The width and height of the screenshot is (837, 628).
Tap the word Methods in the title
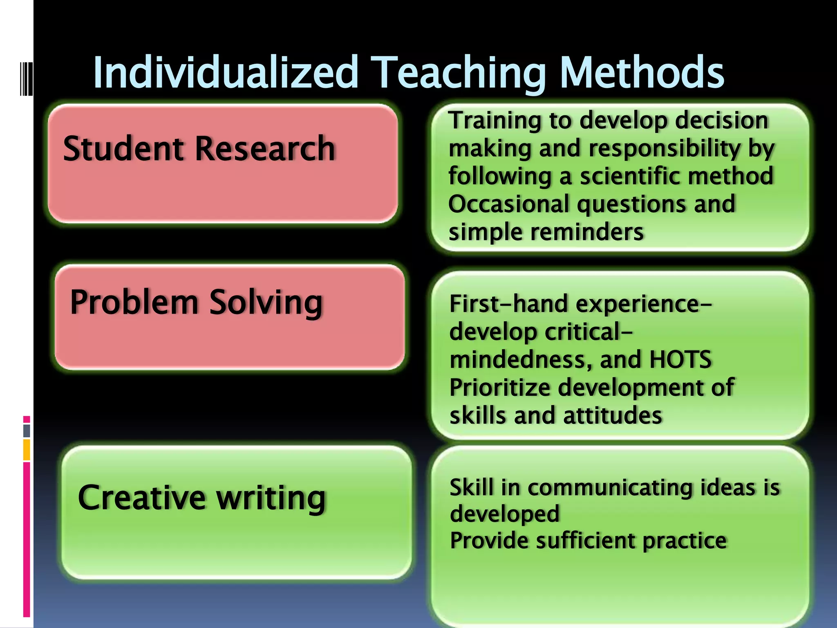[x=642, y=73]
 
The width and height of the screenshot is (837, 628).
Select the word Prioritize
[x=499, y=388]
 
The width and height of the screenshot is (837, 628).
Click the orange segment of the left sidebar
[x=27, y=450]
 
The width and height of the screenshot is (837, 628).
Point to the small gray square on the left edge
[x=27, y=431]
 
